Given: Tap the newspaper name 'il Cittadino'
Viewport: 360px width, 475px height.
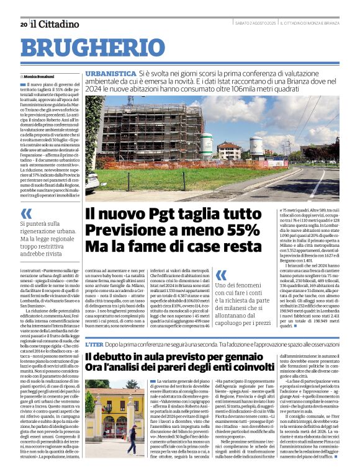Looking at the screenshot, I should [55, 24].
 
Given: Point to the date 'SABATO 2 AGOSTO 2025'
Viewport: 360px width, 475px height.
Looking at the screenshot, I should [255, 24].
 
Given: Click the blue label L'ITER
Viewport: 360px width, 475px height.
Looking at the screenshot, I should [94, 344].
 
